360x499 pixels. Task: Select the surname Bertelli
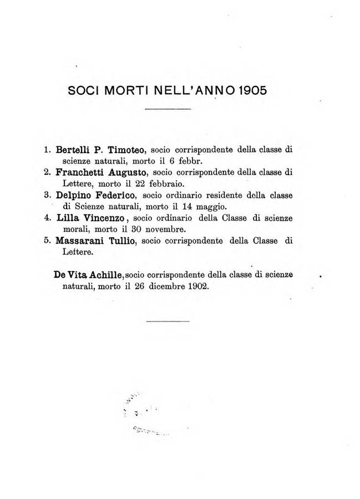point(73,149)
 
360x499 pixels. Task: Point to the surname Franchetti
point(82,172)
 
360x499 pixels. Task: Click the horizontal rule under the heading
point(167,113)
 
